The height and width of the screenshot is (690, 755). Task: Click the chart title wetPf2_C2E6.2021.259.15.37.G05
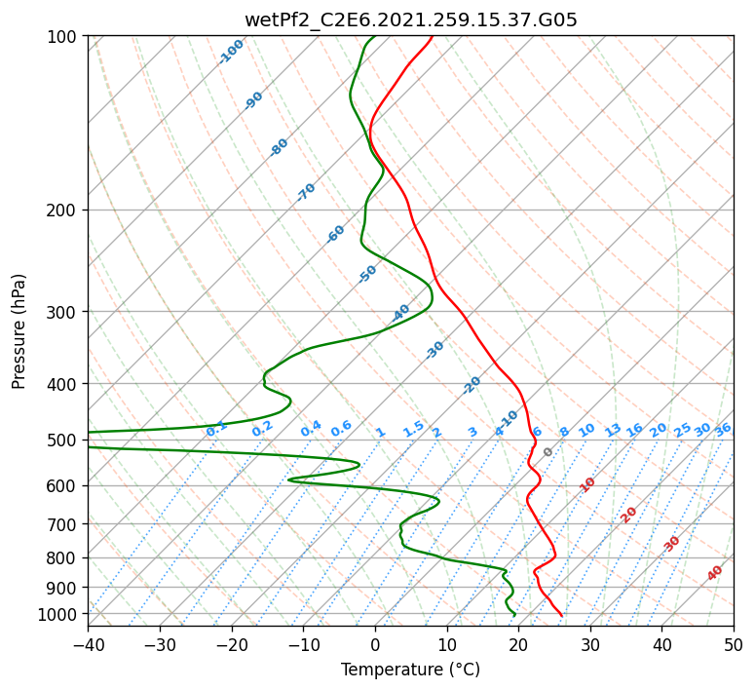tap(411, 20)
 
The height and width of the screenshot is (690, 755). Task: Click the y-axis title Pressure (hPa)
tap(18, 331)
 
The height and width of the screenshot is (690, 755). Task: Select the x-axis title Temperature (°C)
tap(411, 670)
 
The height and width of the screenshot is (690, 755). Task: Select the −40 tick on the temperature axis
tap(88, 644)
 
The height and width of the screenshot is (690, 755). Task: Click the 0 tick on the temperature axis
tap(375, 644)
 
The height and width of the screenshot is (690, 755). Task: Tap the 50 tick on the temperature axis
tap(734, 644)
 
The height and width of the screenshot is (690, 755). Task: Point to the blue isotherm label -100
tap(232, 52)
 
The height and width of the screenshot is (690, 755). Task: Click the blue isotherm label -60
tap(335, 234)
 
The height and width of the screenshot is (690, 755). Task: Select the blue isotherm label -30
tap(434, 350)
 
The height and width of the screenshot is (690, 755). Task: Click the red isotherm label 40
tap(714, 573)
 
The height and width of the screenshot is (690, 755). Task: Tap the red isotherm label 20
tap(628, 516)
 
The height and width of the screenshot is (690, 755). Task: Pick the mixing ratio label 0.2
tap(262, 429)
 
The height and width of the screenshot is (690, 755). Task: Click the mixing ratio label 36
tap(723, 430)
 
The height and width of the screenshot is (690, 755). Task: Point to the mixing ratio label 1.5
tap(413, 429)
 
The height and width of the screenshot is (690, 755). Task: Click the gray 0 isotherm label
tap(547, 451)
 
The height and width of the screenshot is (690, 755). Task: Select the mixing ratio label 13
tap(613, 430)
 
